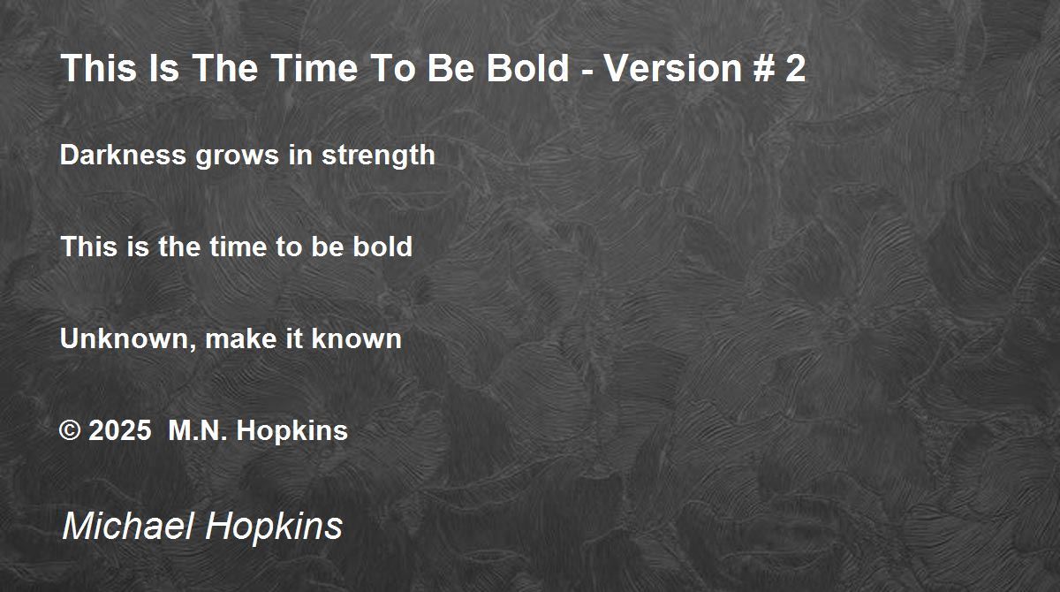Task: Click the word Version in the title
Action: [673, 68]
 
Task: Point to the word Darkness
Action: [123, 155]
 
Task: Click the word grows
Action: [237, 157]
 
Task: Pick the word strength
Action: [378, 156]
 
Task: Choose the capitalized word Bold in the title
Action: [527, 68]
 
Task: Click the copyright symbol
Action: [70, 430]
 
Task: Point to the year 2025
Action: [120, 430]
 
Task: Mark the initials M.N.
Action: [198, 430]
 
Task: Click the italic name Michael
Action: [128, 526]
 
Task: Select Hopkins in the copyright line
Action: [292, 431]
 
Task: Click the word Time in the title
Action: [314, 68]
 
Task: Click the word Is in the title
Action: [163, 68]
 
